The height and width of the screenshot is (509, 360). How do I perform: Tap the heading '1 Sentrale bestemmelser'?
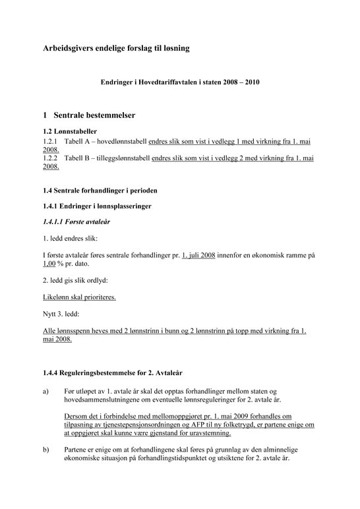click(x=89, y=115)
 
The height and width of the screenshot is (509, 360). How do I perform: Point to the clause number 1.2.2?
click(x=51, y=158)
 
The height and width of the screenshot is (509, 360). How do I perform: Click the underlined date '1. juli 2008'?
click(x=198, y=254)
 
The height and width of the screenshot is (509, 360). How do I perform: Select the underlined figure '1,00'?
click(x=51, y=263)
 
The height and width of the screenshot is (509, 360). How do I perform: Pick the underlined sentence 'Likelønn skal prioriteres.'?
click(x=79, y=297)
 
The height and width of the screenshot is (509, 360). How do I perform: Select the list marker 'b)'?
click(x=46, y=450)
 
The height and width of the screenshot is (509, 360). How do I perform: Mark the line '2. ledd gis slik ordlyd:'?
click(x=75, y=280)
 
